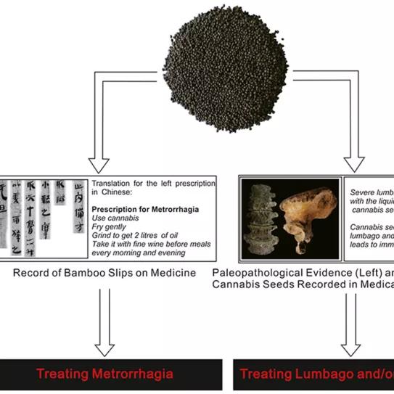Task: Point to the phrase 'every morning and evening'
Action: tap(136, 253)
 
